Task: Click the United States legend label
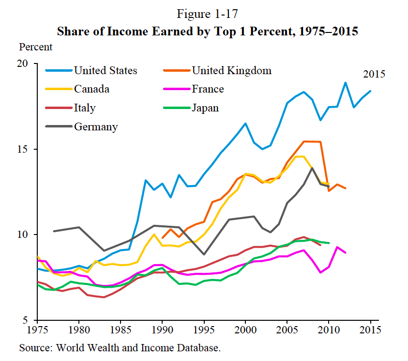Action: click(106, 71)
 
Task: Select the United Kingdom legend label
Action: click(232, 71)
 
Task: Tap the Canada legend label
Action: click(91, 89)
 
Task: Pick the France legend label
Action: click(208, 89)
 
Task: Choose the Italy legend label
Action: click(85, 108)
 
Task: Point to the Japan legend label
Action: click(206, 108)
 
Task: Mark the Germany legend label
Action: click(96, 127)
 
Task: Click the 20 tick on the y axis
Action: click(25, 64)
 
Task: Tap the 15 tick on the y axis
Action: click(25, 149)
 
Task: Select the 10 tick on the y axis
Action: click(25, 235)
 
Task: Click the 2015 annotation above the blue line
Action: click(374, 75)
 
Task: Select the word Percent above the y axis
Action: click(36, 47)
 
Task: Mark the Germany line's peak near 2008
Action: click(312, 168)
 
